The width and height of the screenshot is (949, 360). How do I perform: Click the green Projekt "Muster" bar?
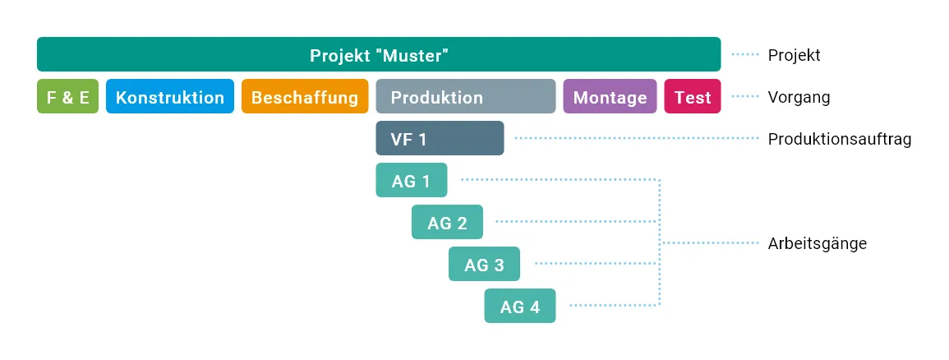(x=379, y=54)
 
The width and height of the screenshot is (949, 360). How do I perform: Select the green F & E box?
(x=67, y=96)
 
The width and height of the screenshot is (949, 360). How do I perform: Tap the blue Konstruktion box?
(x=170, y=96)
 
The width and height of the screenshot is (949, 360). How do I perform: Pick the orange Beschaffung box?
(x=305, y=96)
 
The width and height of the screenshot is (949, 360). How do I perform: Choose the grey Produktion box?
(x=465, y=96)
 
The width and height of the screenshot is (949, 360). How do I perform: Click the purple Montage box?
(x=610, y=96)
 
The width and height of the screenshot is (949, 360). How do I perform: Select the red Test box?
(x=693, y=96)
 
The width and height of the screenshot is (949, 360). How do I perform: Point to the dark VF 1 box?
(x=440, y=138)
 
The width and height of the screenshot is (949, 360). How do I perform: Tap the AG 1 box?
(x=412, y=180)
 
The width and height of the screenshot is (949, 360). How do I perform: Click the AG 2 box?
(x=447, y=222)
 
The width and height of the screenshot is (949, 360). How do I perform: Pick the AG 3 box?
(x=484, y=264)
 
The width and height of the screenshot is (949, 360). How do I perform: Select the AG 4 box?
(x=520, y=306)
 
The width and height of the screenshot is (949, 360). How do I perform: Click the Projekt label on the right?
(x=794, y=55)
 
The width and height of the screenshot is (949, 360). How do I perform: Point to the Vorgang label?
(x=799, y=97)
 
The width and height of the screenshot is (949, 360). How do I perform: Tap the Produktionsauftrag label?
(x=840, y=139)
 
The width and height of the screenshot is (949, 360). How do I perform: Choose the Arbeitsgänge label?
(x=817, y=243)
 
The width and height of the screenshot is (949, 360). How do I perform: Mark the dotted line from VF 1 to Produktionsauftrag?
(x=636, y=139)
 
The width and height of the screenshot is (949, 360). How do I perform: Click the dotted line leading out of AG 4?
(x=615, y=306)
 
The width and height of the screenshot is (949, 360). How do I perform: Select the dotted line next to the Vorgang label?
(x=745, y=96)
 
